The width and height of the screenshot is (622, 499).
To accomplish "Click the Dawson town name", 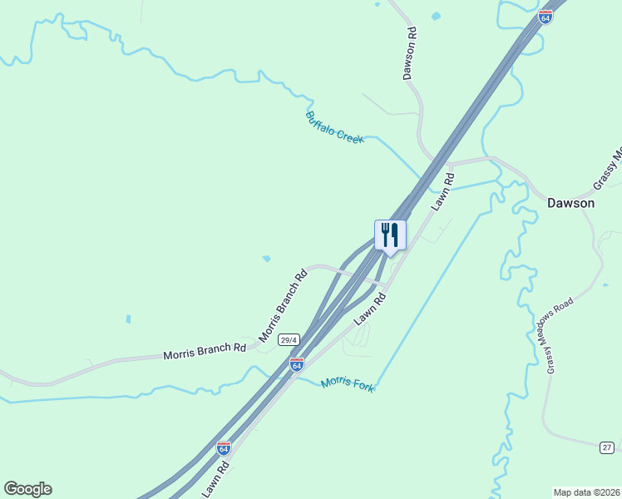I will tap(570, 203).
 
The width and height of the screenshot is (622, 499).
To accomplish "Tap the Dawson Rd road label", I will tap(409, 53).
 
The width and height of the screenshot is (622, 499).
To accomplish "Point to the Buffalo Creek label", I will tap(334, 127).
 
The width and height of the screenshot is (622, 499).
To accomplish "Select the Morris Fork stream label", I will tap(348, 383).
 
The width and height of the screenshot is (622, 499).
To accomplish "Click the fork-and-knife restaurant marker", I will tap(390, 235).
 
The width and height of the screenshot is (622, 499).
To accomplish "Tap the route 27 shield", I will tap(607, 447).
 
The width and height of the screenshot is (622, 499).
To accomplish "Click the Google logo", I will tap(27, 489).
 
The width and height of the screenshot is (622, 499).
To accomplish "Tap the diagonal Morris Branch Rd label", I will tap(283, 306).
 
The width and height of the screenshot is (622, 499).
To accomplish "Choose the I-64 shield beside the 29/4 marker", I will tap(296, 365).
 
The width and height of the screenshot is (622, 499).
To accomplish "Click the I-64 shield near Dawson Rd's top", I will tap(545, 17).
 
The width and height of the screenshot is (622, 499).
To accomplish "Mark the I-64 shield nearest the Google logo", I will tap(223, 447).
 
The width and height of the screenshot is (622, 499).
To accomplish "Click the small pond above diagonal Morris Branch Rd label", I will tap(266, 259).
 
